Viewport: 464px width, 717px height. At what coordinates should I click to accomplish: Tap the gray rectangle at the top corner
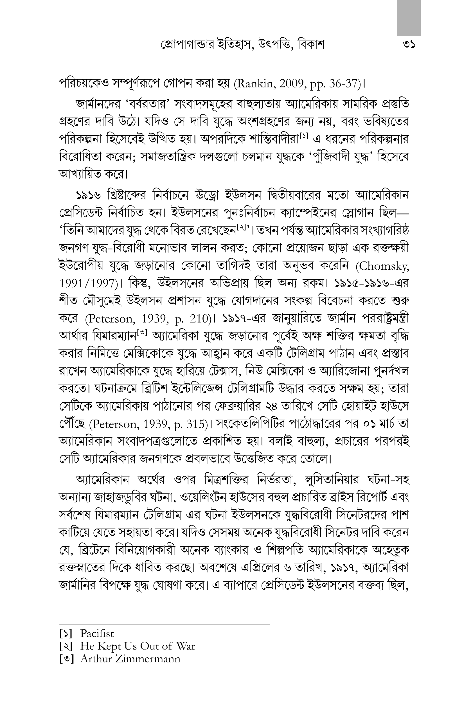click(x=409, y=18)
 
